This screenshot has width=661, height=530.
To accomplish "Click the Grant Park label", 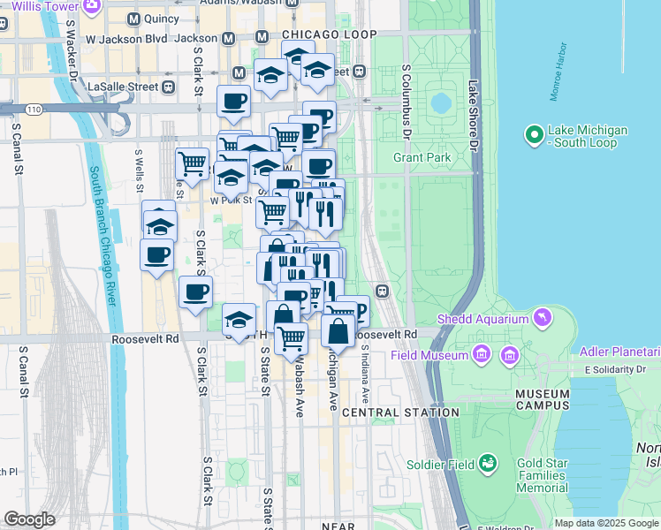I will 422,158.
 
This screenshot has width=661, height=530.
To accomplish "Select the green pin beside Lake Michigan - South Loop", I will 533,136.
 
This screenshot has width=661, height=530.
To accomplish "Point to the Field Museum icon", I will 481,355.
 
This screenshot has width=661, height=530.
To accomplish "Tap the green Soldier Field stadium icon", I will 486,464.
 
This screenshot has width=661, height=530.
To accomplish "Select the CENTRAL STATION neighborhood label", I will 400,413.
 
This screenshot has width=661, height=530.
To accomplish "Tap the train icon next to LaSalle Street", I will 168,87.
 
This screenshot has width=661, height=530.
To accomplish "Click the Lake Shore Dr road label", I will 474,116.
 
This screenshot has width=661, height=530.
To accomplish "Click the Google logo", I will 30,519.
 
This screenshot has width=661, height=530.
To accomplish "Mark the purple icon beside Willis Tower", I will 90,6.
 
